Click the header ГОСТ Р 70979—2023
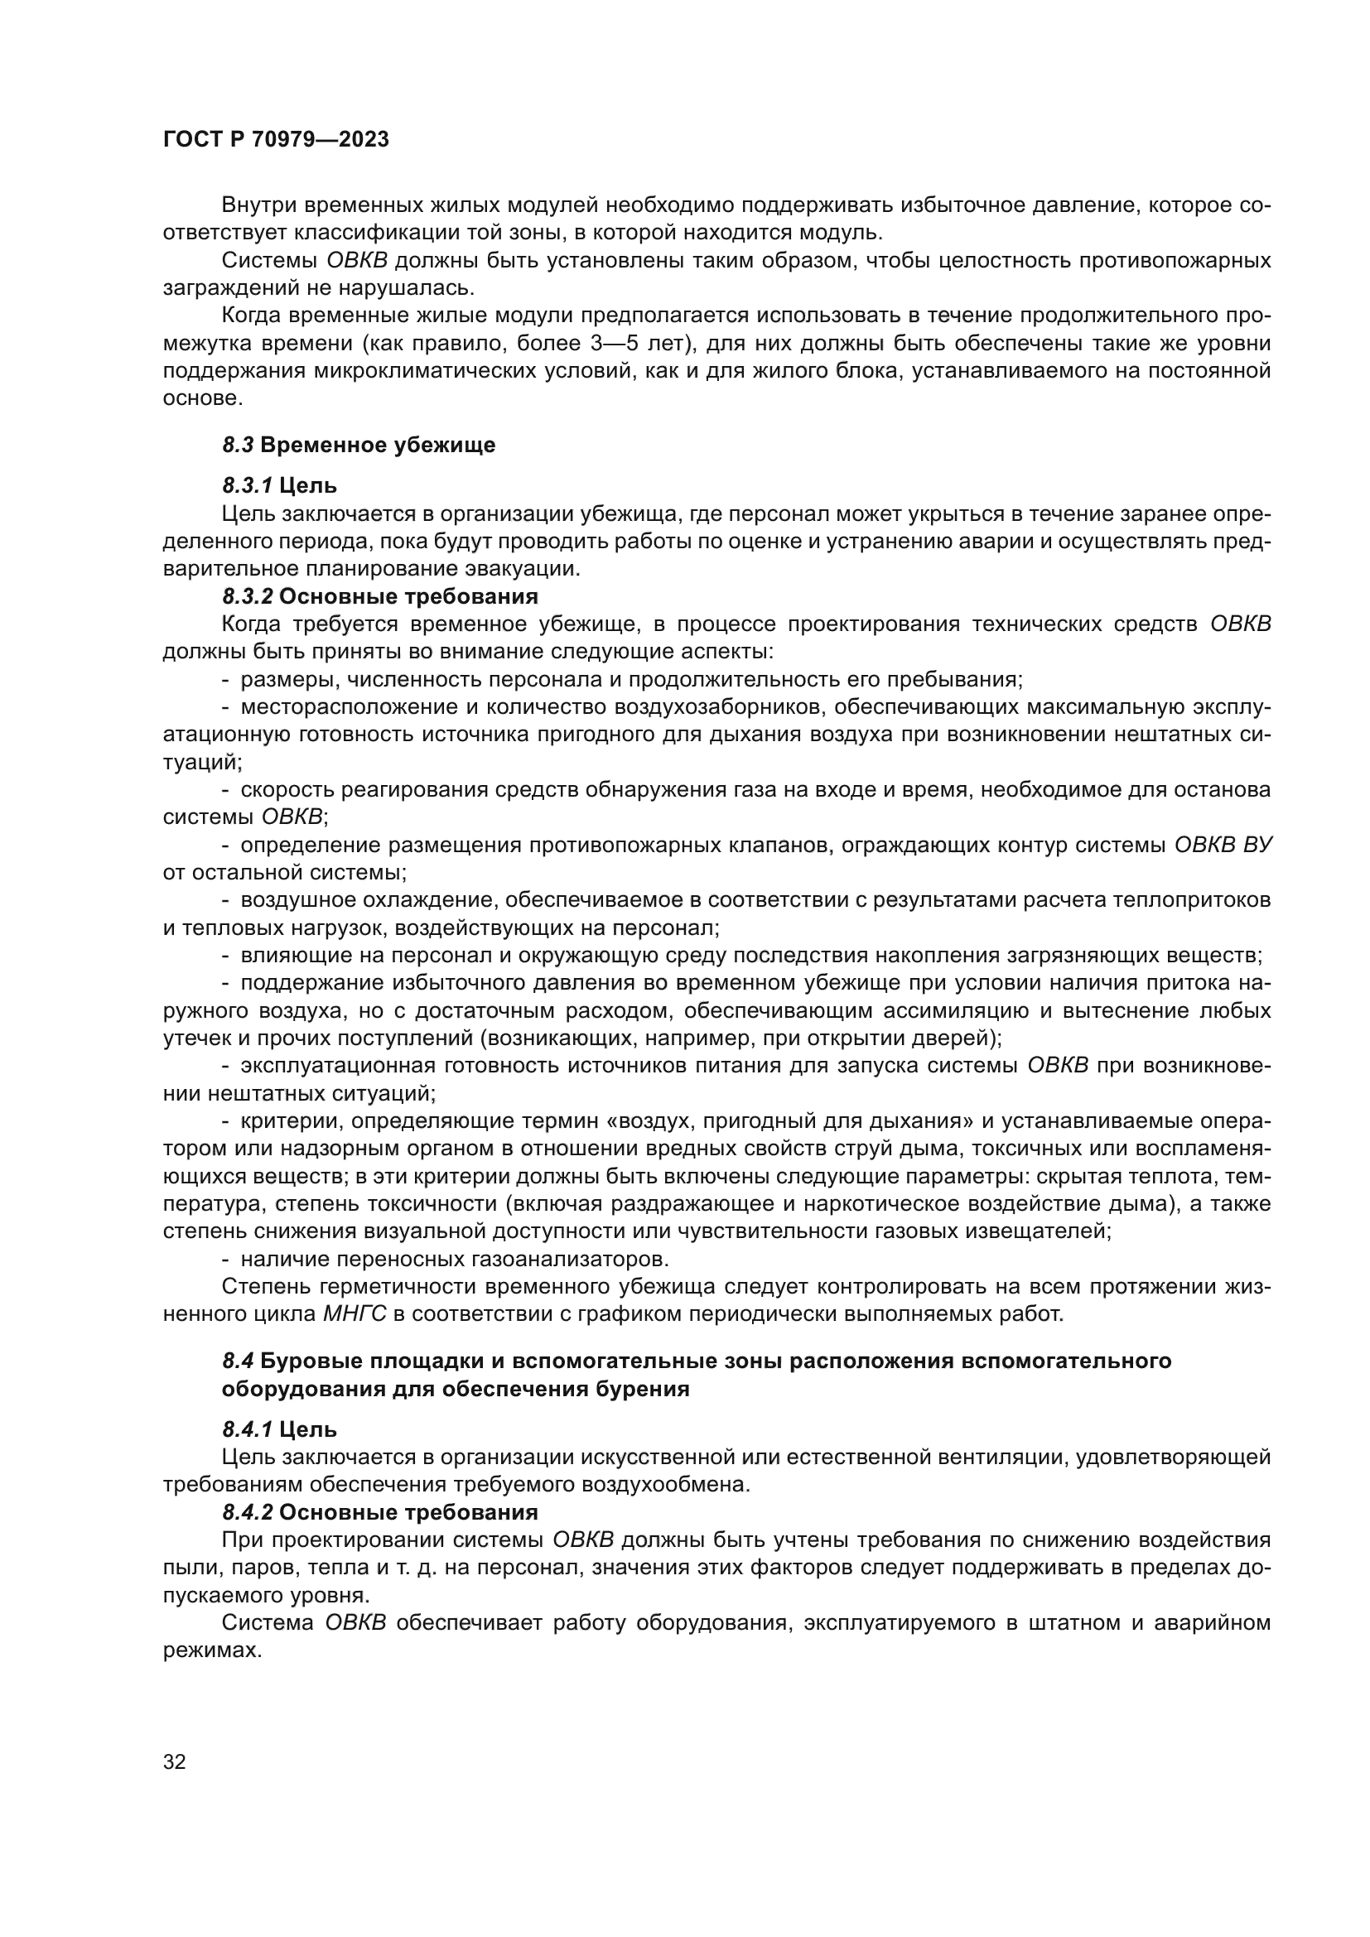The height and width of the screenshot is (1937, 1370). point(276,140)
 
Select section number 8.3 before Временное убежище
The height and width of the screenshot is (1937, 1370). point(238,446)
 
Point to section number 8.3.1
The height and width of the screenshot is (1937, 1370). point(246,486)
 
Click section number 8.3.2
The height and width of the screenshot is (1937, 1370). point(247,596)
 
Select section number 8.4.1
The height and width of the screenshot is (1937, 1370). point(247,1429)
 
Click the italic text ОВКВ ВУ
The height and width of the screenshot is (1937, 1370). point(1223,846)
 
